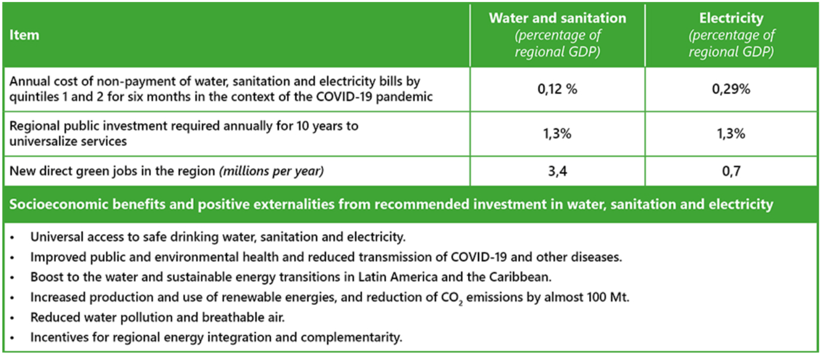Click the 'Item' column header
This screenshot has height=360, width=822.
(x=24, y=35)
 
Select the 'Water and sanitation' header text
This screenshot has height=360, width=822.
(x=557, y=18)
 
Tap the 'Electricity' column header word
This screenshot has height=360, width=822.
(x=731, y=18)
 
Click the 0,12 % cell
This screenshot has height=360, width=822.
(x=557, y=89)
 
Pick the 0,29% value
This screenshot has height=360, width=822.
(x=731, y=89)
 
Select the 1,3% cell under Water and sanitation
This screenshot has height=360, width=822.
(x=557, y=134)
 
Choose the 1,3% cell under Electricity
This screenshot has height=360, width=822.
(x=731, y=134)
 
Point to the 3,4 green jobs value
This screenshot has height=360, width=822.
(x=557, y=171)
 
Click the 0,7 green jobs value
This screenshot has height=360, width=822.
(x=731, y=171)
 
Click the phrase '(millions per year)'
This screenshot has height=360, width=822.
(x=271, y=171)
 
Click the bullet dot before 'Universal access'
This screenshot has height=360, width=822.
(x=12, y=238)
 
